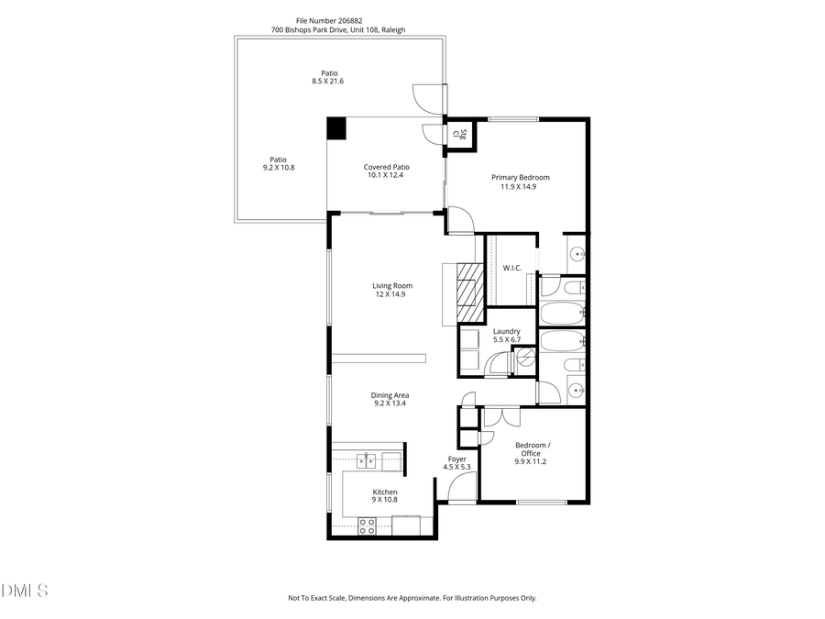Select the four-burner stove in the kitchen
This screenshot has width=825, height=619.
[367, 525]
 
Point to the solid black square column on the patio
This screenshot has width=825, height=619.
[337, 128]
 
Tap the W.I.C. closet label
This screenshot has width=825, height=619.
[511, 268]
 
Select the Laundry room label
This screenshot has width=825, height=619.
[506, 331]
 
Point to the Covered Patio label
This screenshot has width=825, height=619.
[386, 167]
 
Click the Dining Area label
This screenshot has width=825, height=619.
[390, 395]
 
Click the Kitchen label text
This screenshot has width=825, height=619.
[384, 492]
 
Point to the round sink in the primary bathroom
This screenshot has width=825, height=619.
[575, 253]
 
